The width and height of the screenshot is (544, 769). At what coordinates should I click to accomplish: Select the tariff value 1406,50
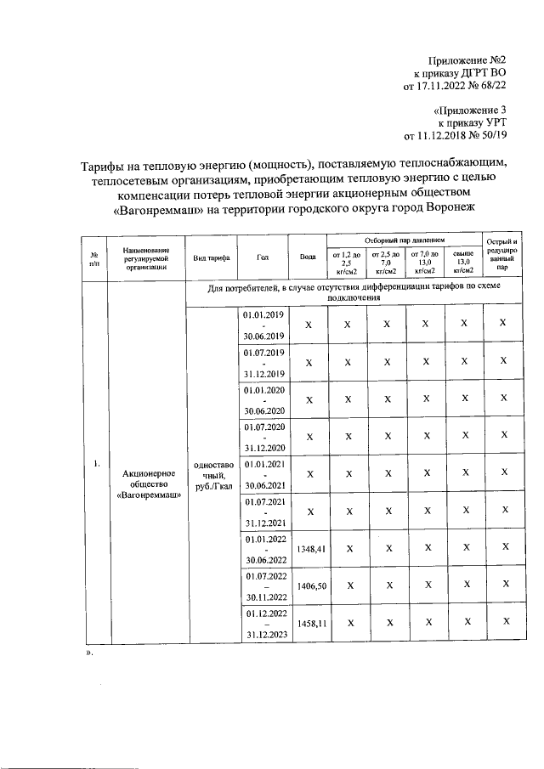click(309, 585)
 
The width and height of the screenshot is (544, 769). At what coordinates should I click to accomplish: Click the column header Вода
click(309, 256)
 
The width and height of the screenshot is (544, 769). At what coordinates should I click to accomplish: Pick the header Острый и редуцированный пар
click(503, 255)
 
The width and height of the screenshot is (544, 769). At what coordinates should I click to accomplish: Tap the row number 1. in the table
click(97, 463)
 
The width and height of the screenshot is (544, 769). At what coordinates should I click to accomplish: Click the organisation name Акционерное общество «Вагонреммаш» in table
click(149, 483)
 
